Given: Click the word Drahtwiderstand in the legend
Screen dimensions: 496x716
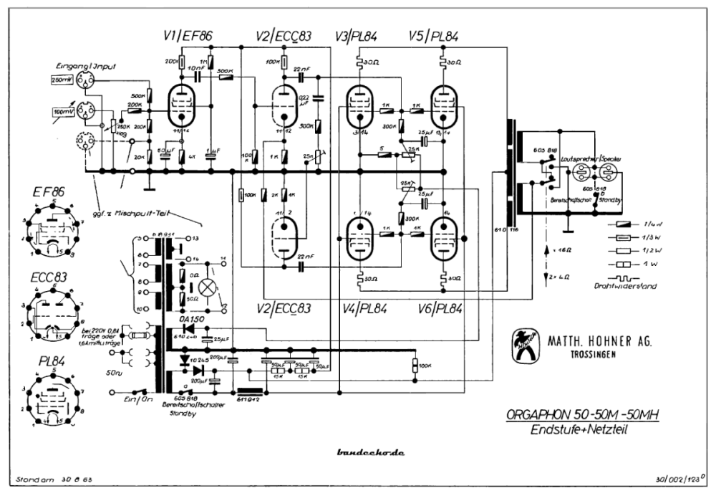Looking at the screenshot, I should pos(631,286).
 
